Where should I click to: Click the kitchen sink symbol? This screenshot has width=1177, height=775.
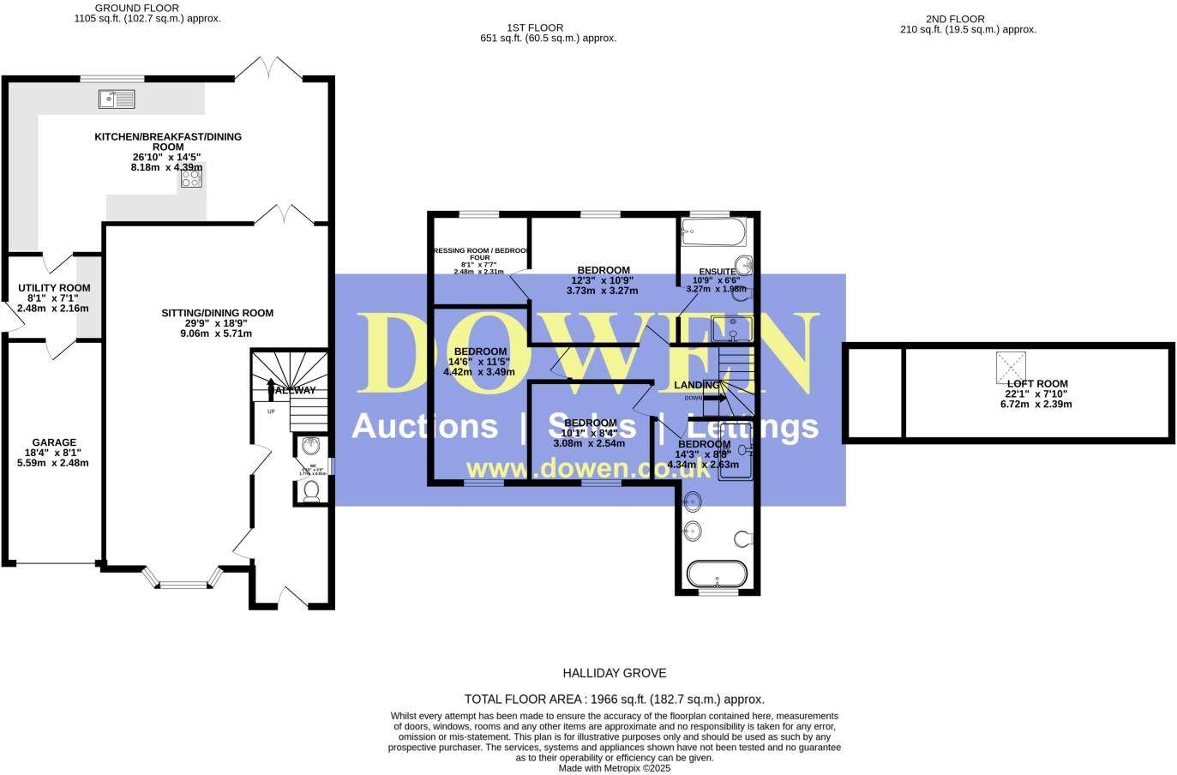point(117,99)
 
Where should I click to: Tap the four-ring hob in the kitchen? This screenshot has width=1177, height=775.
point(191,177)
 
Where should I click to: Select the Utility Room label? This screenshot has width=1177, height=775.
point(54,288)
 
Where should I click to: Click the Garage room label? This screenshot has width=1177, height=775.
point(54,442)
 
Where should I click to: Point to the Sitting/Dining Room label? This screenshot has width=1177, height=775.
point(217,313)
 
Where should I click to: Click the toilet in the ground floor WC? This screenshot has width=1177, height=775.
point(311,490)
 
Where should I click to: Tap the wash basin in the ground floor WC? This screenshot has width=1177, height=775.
point(311,446)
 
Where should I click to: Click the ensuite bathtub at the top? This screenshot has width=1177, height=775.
point(713,232)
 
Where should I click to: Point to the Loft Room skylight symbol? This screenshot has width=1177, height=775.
point(1011,367)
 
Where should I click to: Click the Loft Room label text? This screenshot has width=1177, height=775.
point(1037,384)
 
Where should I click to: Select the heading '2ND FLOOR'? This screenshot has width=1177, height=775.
point(955,19)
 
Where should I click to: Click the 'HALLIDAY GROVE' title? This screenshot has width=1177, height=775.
point(614,673)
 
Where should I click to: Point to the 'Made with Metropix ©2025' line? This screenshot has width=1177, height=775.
point(614,768)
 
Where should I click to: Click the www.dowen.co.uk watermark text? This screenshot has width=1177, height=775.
point(588,468)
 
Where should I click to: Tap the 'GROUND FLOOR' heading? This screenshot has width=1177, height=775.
point(137,8)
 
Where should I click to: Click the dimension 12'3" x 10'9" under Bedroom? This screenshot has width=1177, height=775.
point(602,280)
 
